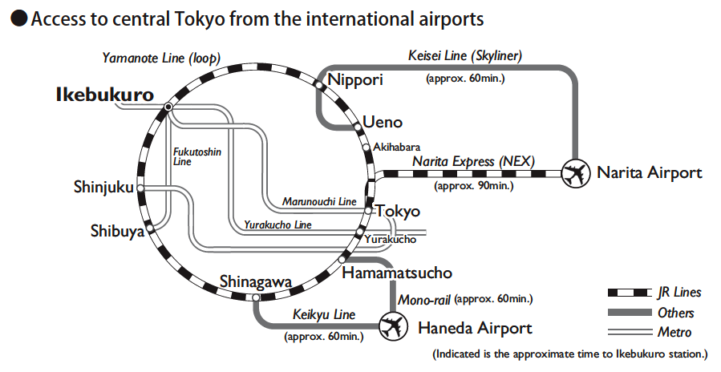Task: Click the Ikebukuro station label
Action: pyautogui.click(x=104, y=95)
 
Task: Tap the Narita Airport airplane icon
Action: pyautogui.click(x=574, y=172)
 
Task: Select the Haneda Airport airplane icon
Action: pyautogui.click(x=391, y=327)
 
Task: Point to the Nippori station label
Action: pyautogui.click(x=356, y=79)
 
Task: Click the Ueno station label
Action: pyautogui.click(x=383, y=123)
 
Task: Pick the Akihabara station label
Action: pyautogui.click(x=397, y=147)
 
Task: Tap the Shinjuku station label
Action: pyautogui.click(x=103, y=188)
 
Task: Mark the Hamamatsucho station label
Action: pyautogui.click(x=397, y=273)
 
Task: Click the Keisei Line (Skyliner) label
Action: pyautogui.click(x=465, y=56)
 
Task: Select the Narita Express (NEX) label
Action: pyautogui.click(x=473, y=161)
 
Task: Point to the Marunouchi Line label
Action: pyautogui.click(x=319, y=200)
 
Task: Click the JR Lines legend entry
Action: pyautogui.click(x=678, y=293)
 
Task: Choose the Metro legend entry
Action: pyautogui.click(x=674, y=332)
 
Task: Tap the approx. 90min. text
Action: pyautogui.click(x=473, y=186)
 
